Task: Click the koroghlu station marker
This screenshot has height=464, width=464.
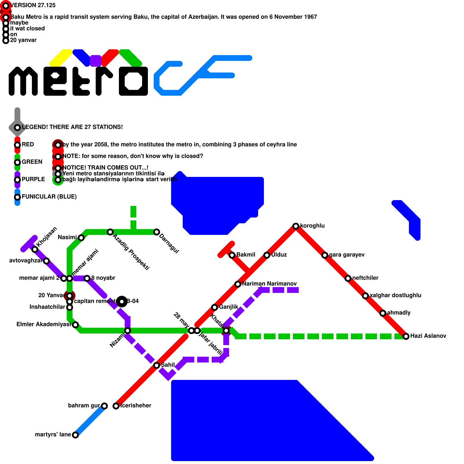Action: [x=296, y=226]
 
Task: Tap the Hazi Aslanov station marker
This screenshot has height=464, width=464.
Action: [x=406, y=336]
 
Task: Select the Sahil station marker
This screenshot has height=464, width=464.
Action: [x=157, y=365]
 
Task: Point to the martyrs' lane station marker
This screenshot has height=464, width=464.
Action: [x=75, y=435]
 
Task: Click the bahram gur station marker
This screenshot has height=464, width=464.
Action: [x=104, y=406]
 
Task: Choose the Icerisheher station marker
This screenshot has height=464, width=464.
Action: [x=116, y=406]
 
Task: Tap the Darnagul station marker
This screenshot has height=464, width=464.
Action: [x=157, y=232]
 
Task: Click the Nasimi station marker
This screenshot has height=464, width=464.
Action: [x=81, y=238]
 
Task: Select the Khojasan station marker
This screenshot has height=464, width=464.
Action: [x=35, y=249]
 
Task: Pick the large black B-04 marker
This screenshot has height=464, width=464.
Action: [x=122, y=302]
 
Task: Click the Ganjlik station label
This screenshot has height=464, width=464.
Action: [x=229, y=307]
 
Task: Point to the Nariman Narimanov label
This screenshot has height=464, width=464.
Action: [x=269, y=284]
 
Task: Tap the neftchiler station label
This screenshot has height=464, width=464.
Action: [x=365, y=278]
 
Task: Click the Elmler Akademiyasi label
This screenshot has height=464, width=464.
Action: [x=43, y=324]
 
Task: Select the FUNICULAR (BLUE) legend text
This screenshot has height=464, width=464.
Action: [x=49, y=197]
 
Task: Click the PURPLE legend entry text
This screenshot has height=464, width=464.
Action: [x=33, y=179]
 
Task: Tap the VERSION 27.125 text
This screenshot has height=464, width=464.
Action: [x=33, y=5]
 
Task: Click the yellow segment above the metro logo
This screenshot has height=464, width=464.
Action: [x=61, y=57]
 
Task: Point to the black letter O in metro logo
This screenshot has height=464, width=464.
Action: [x=133, y=81]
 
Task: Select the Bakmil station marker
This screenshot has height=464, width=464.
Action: [x=232, y=255]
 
